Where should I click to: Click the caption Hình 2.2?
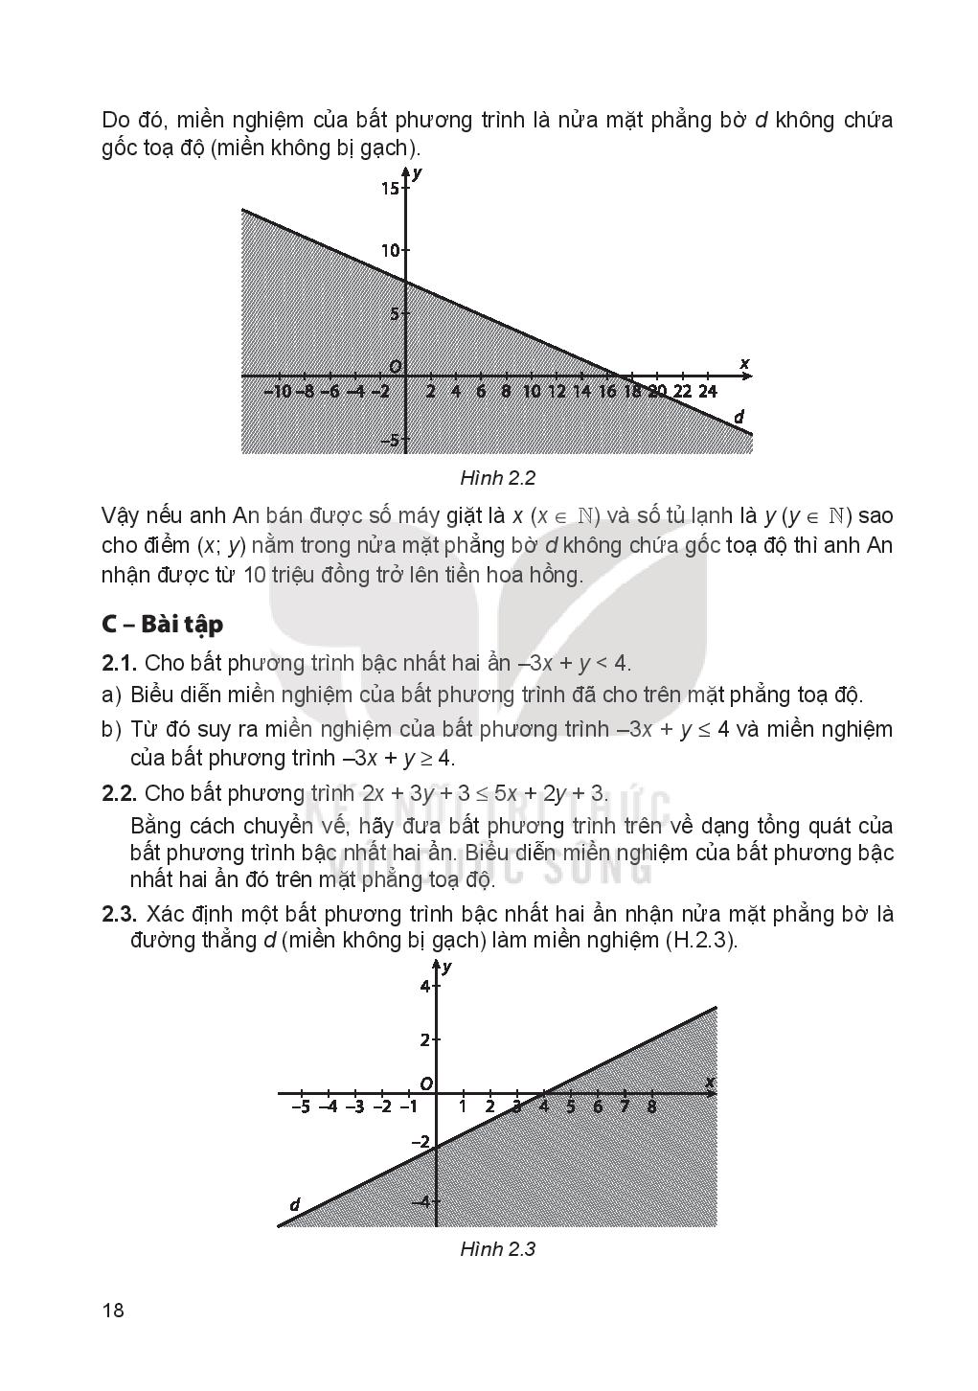pyautogui.click(x=496, y=477)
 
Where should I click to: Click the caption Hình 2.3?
pyautogui.click(x=496, y=1249)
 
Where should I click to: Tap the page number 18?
pyautogui.click(x=113, y=1311)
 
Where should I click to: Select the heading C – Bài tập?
pyautogui.click(x=162, y=624)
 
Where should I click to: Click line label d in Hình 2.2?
pyautogui.click(x=739, y=418)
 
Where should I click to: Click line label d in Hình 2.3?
pyautogui.click(x=295, y=1205)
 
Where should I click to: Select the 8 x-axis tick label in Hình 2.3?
pyautogui.click(x=651, y=1107)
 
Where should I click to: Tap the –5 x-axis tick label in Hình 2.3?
pyautogui.click(x=300, y=1107)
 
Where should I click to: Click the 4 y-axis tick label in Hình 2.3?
pyautogui.click(x=426, y=987)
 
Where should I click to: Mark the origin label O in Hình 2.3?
pyautogui.click(x=426, y=1083)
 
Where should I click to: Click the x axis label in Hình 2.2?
pyautogui.click(x=744, y=363)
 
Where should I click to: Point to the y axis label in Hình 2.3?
pyautogui.click(x=447, y=968)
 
